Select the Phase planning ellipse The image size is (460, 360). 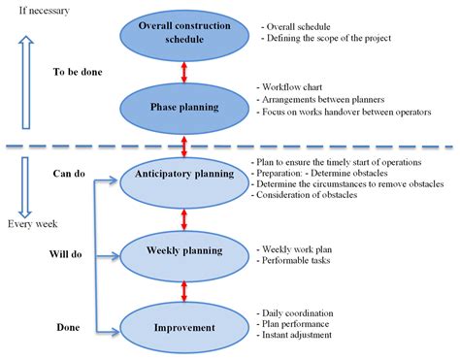click(x=184, y=107)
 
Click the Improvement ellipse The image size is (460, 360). click(x=184, y=327)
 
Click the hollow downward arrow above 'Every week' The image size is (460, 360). click(x=26, y=184)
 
